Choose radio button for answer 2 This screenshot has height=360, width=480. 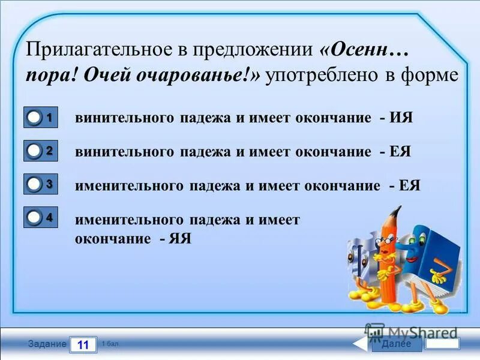[x=35, y=152]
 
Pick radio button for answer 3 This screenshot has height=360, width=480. [x=35, y=186]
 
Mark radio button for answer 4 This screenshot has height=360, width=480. [x=35, y=219]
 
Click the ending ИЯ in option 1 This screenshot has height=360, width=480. [x=401, y=118]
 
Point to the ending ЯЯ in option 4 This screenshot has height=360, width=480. [x=179, y=238]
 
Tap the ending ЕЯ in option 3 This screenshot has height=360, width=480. [x=409, y=185]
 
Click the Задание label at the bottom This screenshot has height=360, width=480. [x=47, y=344]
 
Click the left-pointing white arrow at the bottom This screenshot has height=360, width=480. [x=360, y=344]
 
